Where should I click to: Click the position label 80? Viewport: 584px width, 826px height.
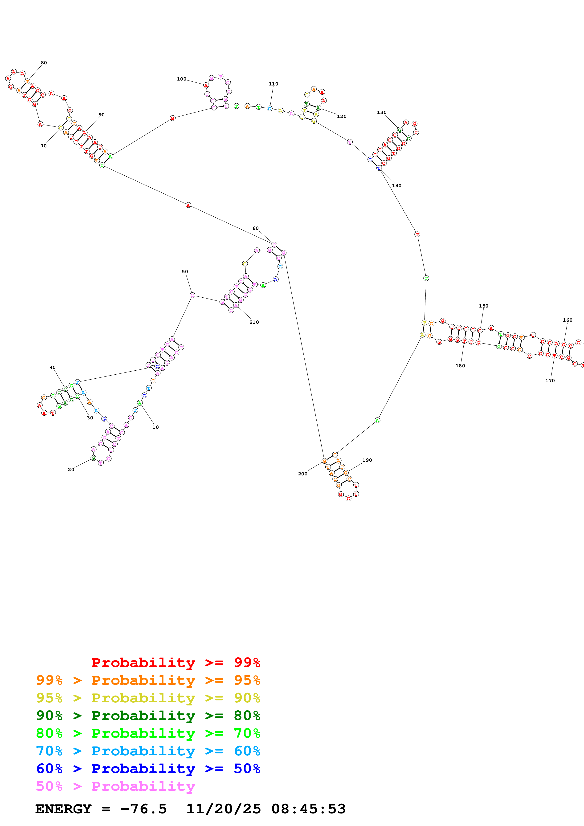coord(44,63)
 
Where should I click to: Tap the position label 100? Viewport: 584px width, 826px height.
coord(181,79)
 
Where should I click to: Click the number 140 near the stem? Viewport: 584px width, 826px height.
coord(396,186)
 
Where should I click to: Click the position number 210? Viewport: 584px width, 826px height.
coord(254,322)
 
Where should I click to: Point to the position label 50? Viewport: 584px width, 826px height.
coord(185,272)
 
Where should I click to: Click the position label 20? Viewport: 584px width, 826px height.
coord(71,470)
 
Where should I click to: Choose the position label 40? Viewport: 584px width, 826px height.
coord(53,367)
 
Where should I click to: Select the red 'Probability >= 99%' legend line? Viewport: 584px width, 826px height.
coord(176,662)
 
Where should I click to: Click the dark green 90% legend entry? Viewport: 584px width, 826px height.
coord(148,716)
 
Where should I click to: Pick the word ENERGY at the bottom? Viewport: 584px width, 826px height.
coord(63,809)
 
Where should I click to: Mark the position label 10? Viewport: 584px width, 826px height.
coord(155,427)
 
